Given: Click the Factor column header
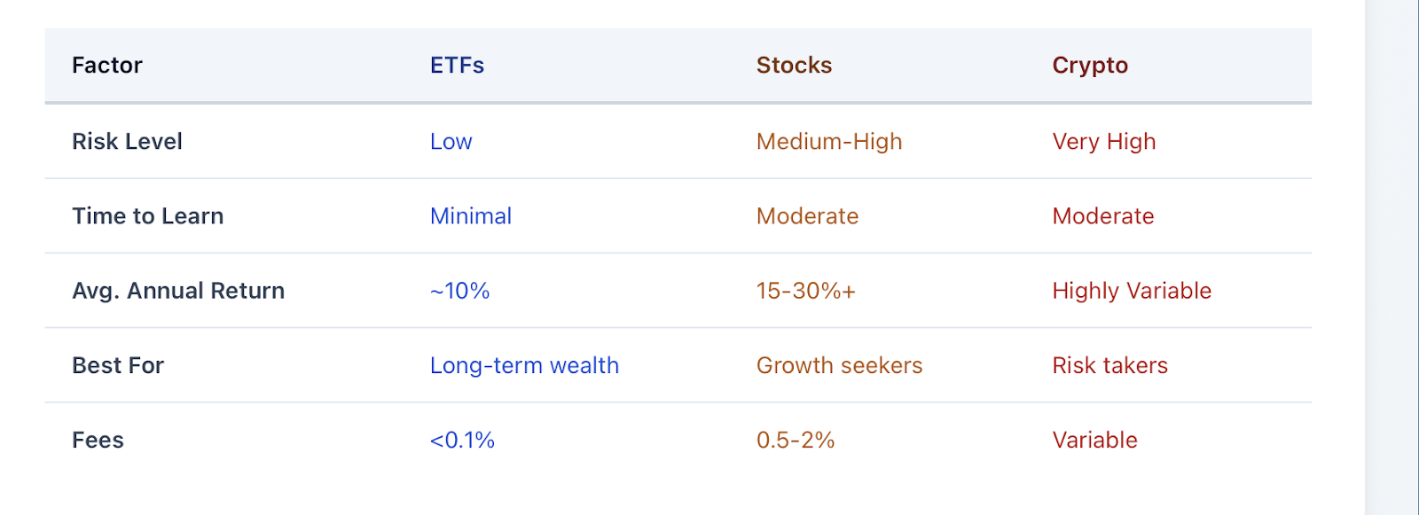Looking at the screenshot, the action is click(x=107, y=66).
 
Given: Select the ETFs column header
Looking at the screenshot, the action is click(x=457, y=66).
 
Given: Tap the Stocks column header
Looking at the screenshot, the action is click(x=794, y=66).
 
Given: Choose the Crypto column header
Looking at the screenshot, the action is click(x=1090, y=66).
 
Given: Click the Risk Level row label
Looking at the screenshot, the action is click(x=127, y=141).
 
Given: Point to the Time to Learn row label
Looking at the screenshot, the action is click(x=147, y=216).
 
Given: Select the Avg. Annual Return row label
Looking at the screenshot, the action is click(x=178, y=291).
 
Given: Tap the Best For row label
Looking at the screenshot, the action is click(x=118, y=365).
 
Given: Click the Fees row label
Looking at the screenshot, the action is click(x=98, y=441).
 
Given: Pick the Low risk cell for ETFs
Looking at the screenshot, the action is click(x=451, y=141).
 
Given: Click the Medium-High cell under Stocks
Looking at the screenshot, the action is click(x=829, y=142).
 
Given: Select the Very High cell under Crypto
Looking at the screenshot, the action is click(x=1104, y=142).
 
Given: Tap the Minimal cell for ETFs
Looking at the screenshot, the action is click(x=471, y=216).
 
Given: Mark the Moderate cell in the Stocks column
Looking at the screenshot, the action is click(x=808, y=216).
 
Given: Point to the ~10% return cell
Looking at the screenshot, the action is click(x=460, y=291).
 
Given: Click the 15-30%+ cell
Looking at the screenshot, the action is click(x=806, y=291).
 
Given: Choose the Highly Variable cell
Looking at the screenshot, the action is click(x=1132, y=292).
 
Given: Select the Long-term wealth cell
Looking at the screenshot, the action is click(x=524, y=366).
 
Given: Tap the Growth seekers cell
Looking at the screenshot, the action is click(x=839, y=365).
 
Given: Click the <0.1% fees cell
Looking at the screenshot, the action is click(x=462, y=441).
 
